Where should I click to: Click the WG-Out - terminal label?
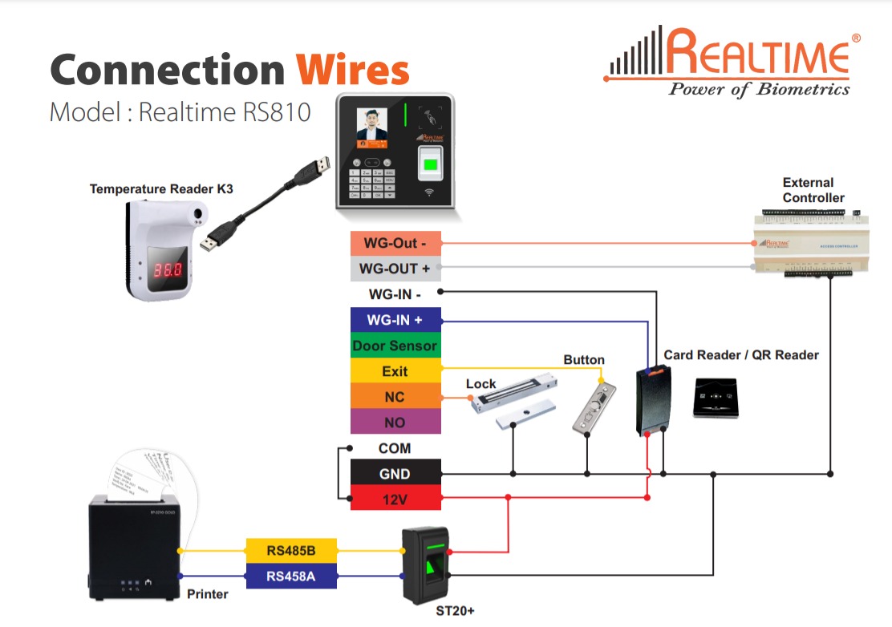(x=395, y=243)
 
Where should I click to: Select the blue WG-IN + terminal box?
(x=395, y=320)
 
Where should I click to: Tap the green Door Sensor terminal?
(x=395, y=346)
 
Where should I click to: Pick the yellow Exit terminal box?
(x=395, y=371)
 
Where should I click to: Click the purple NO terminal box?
(x=395, y=423)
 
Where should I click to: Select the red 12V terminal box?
(x=395, y=498)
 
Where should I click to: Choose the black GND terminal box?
(x=395, y=473)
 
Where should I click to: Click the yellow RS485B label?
(x=291, y=551)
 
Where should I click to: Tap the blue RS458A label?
(x=291, y=576)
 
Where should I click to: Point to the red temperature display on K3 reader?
(x=168, y=270)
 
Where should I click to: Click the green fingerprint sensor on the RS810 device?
(x=432, y=166)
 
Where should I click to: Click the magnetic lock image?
(x=513, y=407)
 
